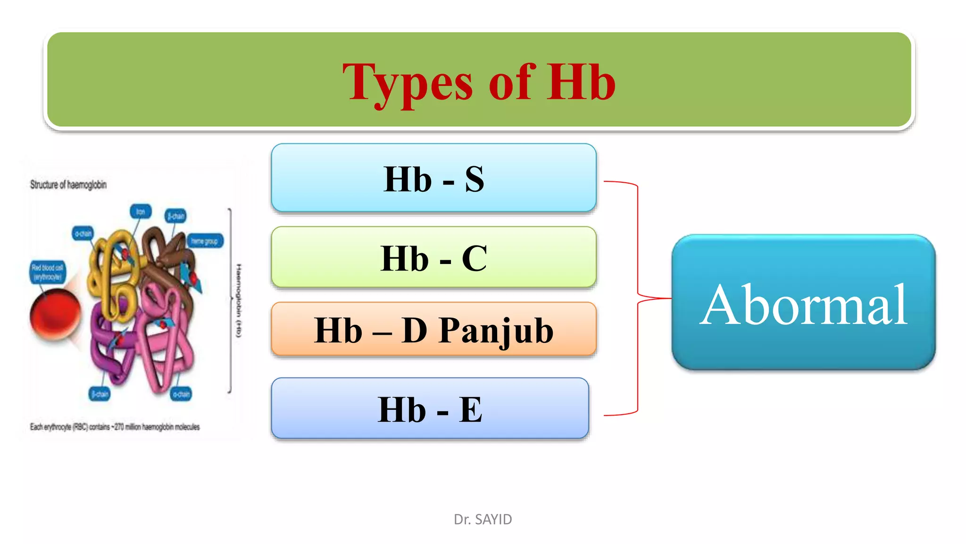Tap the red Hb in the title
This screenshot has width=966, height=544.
(581, 82)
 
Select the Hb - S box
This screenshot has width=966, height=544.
(433, 178)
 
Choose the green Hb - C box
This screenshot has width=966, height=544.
(433, 257)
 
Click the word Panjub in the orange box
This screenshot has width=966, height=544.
(496, 331)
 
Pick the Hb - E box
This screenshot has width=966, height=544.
(430, 408)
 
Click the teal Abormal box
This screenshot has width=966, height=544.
(803, 302)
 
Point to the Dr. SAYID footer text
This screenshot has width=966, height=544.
(483, 519)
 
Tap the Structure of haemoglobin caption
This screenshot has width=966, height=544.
(68, 185)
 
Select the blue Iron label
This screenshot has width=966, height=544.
(141, 212)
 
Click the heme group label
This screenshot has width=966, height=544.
(205, 241)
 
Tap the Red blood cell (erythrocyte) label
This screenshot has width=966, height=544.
(47, 272)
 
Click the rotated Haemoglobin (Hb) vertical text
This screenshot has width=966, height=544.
(239, 300)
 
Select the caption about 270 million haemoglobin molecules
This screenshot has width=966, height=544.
(115, 427)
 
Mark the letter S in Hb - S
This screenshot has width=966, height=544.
(474, 179)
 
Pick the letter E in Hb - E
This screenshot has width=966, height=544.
(470, 409)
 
